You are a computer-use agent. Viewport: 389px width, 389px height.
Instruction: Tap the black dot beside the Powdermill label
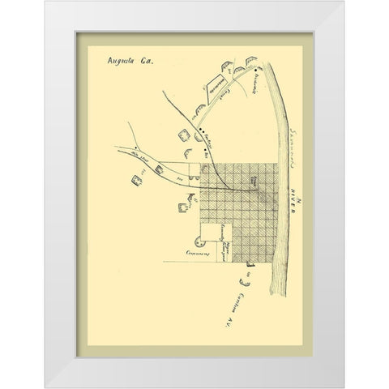(254, 71)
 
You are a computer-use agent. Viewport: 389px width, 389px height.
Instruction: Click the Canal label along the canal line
(236, 100)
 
